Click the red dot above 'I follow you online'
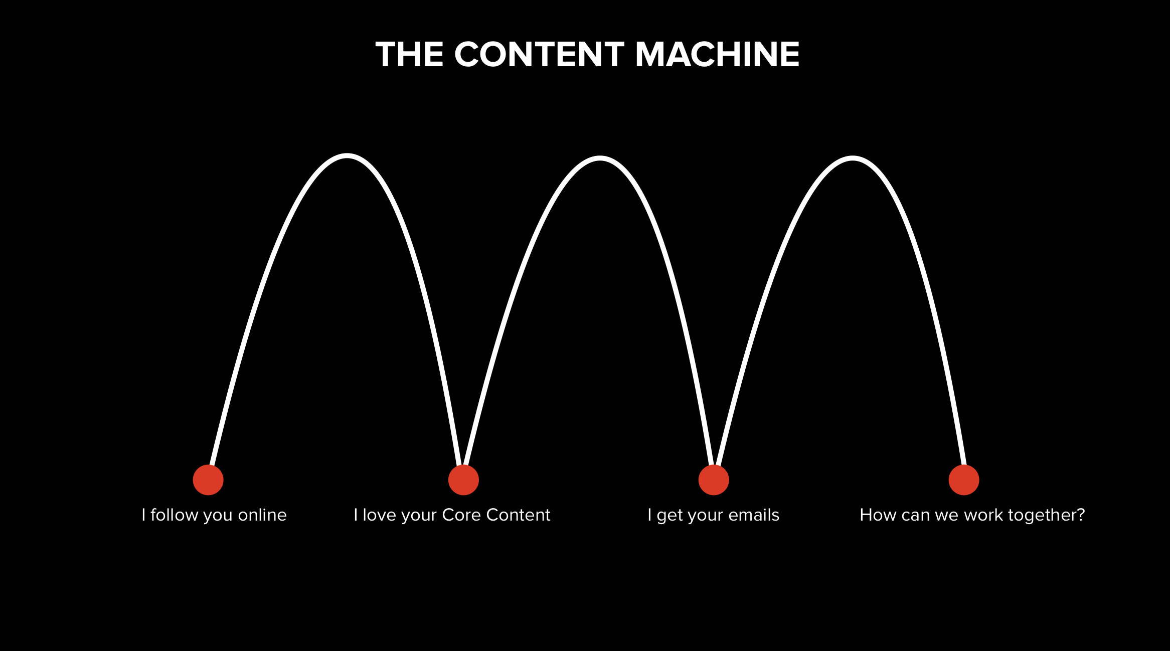coord(208,480)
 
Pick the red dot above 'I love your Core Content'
coord(463,480)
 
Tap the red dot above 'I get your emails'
coord(714,480)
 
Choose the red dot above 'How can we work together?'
coord(964,480)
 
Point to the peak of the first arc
coord(347,156)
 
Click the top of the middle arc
coord(600,158)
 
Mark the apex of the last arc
coord(853,158)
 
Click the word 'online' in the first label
coord(262,515)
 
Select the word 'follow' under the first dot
coord(175,515)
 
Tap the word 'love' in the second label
coord(379,515)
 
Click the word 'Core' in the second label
coord(461,515)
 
